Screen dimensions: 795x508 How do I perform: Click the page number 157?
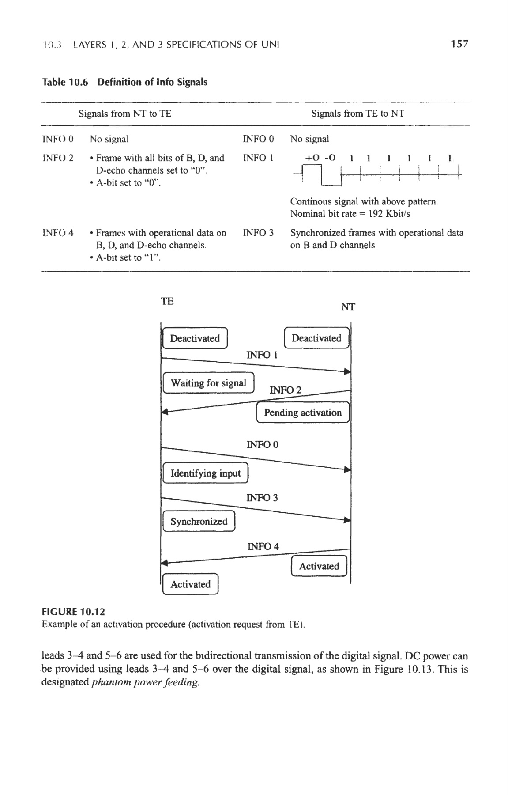click(459, 44)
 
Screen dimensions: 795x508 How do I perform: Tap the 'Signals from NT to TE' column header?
click(125, 114)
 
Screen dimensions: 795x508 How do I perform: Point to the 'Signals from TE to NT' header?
click(357, 114)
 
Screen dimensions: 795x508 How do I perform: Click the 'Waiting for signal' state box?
click(208, 383)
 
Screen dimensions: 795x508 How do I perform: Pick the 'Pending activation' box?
click(303, 413)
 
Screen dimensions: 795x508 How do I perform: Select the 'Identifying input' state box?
click(206, 473)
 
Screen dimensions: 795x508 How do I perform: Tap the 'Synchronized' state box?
click(199, 522)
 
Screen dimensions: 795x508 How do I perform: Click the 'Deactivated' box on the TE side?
click(195, 339)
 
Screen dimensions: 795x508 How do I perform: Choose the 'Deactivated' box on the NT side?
click(316, 338)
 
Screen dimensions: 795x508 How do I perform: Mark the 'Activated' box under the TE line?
click(190, 584)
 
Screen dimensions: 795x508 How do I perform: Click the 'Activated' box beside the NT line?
click(319, 566)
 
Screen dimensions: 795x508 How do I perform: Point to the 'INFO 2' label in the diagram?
click(285, 390)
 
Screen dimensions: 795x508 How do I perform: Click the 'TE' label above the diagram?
click(167, 301)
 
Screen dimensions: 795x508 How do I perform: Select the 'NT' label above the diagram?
click(348, 307)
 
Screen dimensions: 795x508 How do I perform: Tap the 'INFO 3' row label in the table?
click(258, 233)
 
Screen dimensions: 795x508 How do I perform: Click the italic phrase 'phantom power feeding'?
click(145, 682)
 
